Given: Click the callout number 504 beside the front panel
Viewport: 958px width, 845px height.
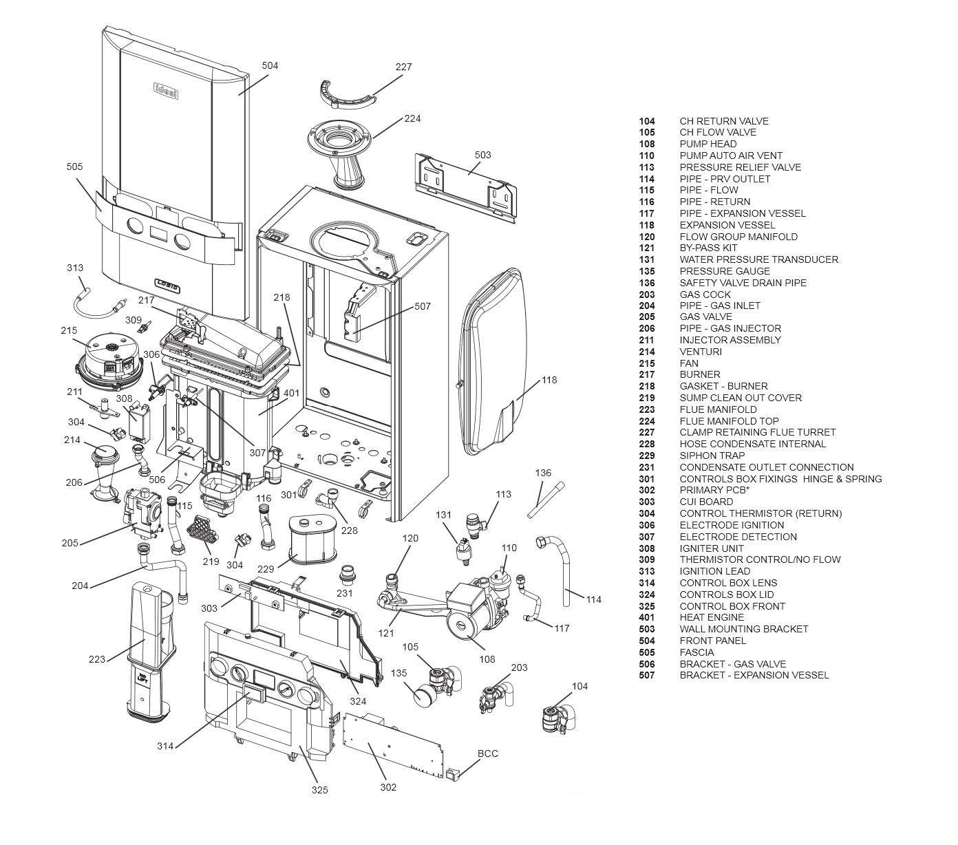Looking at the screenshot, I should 270,65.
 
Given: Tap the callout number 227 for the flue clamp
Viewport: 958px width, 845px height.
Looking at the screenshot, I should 403,67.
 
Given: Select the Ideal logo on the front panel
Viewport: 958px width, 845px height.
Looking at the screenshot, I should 165,90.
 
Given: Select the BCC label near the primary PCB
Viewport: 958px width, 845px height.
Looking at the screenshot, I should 488,753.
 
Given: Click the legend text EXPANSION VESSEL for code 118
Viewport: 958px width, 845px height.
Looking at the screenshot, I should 727,225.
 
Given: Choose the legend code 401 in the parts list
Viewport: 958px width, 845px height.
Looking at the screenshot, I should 646,617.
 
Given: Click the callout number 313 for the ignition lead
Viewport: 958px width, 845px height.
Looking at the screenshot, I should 75,268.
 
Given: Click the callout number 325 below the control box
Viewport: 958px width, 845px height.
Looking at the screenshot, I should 319,790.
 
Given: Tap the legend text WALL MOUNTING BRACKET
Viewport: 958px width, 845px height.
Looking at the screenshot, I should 743,629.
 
